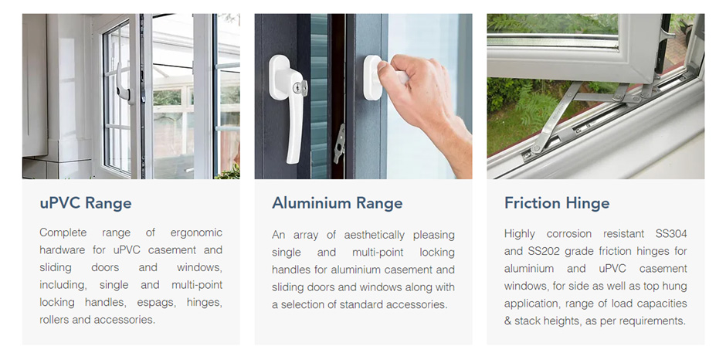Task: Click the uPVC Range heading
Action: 86,203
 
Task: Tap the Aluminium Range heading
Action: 337,203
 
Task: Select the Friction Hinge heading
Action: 557,203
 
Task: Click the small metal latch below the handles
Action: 339,144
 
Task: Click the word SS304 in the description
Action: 671,233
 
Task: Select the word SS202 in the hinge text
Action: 543,251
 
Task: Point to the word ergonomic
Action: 196,232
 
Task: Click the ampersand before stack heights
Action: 508,321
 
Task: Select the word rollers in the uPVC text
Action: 55,320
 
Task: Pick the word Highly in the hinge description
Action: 520,234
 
